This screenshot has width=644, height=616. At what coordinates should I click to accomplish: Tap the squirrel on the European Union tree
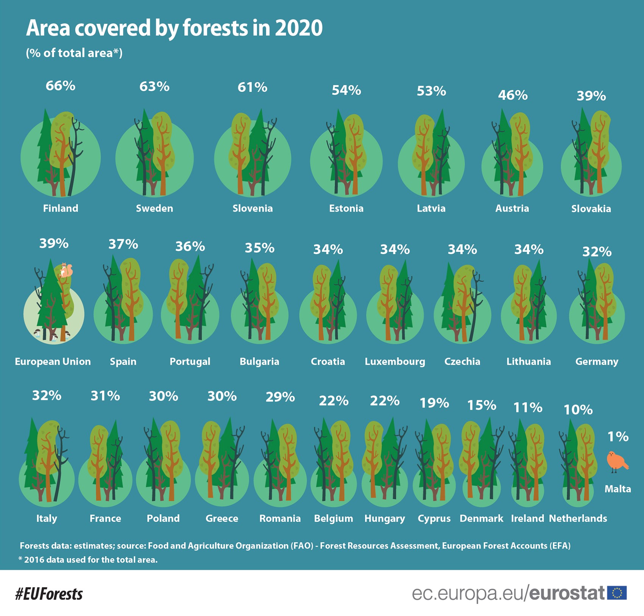pos(66,270)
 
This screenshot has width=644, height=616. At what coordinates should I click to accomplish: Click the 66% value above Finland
pos(61,86)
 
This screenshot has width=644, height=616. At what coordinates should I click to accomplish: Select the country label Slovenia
pos(253,208)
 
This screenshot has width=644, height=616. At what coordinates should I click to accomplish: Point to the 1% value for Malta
pos(618,437)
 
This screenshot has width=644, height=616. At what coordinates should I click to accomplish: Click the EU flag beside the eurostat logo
pos(617,593)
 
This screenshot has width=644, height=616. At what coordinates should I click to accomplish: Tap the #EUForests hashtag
pos(49,594)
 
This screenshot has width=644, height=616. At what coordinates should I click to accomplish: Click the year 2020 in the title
pos(299,28)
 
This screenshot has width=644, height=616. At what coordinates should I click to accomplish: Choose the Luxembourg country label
pos(395,361)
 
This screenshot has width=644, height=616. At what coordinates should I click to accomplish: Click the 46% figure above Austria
pos(513,95)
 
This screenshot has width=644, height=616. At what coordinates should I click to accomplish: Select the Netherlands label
pos(578,518)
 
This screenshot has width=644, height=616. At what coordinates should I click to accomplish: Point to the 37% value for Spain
pos(123,244)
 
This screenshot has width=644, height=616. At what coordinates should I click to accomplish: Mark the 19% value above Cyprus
pos(434,403)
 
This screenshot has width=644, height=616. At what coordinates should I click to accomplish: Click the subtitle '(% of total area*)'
pos(74,53)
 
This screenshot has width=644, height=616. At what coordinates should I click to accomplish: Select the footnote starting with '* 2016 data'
pos(88,560)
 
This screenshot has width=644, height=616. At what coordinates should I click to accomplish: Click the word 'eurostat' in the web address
pos(566,593)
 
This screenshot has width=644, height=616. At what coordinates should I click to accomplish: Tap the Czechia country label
pos(462,361)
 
